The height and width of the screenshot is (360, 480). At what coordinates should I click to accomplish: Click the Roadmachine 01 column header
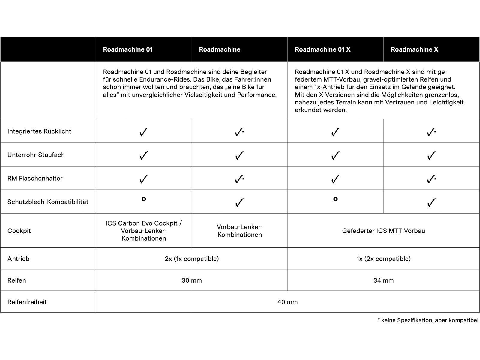coord(128,49)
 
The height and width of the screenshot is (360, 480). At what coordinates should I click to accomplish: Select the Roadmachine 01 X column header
coord(322,49)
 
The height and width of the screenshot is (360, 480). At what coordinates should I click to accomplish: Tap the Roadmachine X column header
coord(414,49)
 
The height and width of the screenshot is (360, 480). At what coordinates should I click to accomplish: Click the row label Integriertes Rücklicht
coord(39,131)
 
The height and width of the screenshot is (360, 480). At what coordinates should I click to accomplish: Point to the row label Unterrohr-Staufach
coord(36,155)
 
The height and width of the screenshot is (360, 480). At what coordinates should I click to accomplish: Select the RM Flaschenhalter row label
coord(35,178)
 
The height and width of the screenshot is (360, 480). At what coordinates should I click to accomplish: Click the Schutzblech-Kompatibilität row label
coord(48,202)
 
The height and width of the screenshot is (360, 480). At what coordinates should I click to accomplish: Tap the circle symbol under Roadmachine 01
coord(144,199)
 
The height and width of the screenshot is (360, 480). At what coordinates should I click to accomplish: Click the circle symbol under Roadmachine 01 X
coord(335,199)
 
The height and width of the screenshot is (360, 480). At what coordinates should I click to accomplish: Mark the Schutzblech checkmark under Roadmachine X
coord(431,203)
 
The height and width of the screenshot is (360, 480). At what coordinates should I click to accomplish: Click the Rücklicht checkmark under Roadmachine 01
coord(144,132)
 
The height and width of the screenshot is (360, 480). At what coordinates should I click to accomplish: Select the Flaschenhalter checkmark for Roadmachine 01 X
coord(335,179)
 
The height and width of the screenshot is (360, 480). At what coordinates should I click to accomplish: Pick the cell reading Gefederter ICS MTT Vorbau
coord(383,231)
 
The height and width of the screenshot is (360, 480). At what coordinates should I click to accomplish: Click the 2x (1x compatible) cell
coord(192,259)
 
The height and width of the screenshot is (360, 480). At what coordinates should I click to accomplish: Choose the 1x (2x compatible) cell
coord(383,259)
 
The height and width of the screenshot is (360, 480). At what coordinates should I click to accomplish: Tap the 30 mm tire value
coord(192,280)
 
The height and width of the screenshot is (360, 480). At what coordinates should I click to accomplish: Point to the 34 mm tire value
coord(383,280)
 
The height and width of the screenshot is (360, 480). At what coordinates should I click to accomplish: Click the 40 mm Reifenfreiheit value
coord(287,302)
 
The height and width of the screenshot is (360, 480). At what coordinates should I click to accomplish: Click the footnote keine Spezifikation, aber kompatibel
coord(428,320)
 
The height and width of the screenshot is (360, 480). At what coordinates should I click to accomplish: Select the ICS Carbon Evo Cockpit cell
coord(144,231)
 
